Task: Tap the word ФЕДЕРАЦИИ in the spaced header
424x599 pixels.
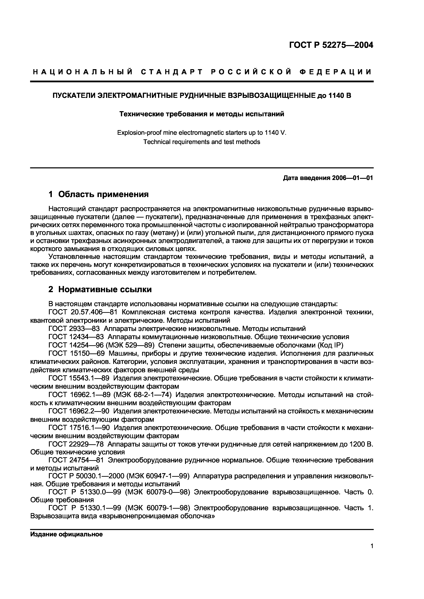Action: coord(336,72)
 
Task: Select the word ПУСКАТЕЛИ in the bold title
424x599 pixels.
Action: coord(74,96)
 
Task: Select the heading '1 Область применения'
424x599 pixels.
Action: coord(99,194)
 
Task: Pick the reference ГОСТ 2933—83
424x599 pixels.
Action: coord(74,329)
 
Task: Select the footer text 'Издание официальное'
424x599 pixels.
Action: coord(66,534)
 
